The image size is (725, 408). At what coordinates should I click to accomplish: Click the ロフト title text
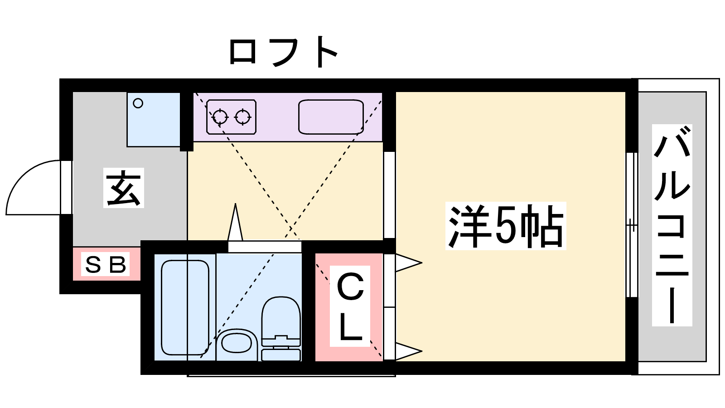[283, 52]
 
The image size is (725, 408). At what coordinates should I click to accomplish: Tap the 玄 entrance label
[124, 188]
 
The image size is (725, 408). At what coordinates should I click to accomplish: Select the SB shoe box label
[106, 264]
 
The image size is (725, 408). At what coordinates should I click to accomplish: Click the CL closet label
[350, 306]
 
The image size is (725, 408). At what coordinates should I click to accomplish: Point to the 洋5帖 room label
[506, 226]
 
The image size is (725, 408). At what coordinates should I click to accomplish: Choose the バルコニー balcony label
[672, 225]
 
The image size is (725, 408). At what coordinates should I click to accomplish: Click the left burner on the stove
[220, 117]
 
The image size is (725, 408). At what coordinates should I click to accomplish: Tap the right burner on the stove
[243, 117]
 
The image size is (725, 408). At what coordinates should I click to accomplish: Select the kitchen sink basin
[331, 117]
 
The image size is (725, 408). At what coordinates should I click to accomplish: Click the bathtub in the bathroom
[185, 307]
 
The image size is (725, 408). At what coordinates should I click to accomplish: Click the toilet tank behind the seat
[281, 355]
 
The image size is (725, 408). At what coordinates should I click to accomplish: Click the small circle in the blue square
[138, 103]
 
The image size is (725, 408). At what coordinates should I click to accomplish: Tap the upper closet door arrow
[408, 263]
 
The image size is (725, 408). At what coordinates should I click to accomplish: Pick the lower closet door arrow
[408, 351]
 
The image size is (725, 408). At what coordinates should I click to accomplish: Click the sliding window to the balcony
[632, 225]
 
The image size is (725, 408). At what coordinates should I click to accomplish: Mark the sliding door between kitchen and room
[389, 195]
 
